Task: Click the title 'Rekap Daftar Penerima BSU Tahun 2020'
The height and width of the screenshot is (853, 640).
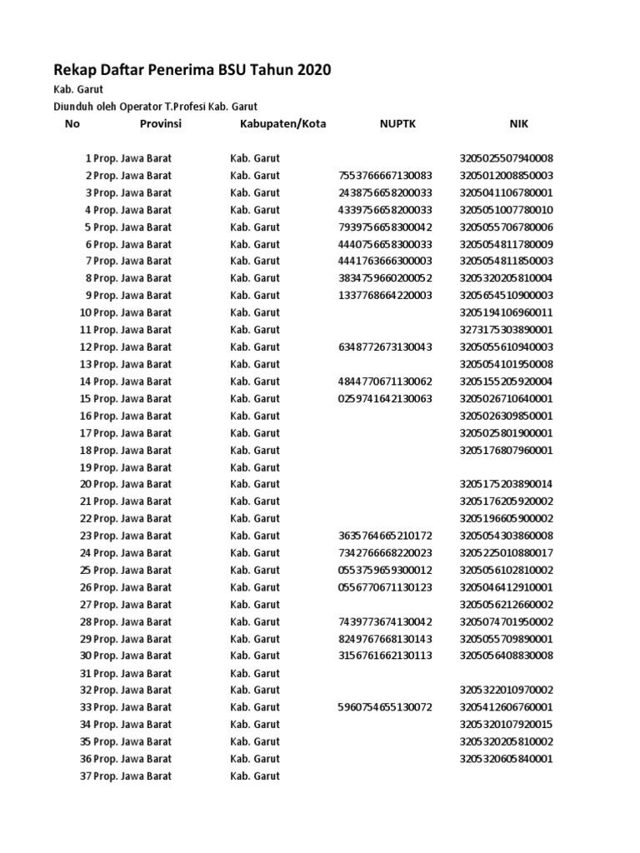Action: [192, 71]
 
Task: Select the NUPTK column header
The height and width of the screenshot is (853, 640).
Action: [397, 124]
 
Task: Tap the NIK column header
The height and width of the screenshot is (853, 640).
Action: [518, 124]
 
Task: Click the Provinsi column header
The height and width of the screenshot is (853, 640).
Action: [160, 124]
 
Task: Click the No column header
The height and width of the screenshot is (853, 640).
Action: [72, 124]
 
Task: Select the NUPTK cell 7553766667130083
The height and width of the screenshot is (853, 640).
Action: [386, 176]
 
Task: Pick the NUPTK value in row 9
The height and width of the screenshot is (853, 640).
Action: [386, 296]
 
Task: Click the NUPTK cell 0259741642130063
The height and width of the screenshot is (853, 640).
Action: [386, 398]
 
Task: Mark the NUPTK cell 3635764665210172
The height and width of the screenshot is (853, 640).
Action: [386, 536]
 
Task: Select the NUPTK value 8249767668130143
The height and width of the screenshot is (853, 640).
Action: [386, 639]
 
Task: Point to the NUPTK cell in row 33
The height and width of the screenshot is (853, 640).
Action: [386, 707]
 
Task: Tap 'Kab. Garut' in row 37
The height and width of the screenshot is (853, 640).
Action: [255, 776]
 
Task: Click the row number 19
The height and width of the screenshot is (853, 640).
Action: [85, 467]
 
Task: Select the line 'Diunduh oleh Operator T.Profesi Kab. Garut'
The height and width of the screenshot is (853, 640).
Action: [156, 107]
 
